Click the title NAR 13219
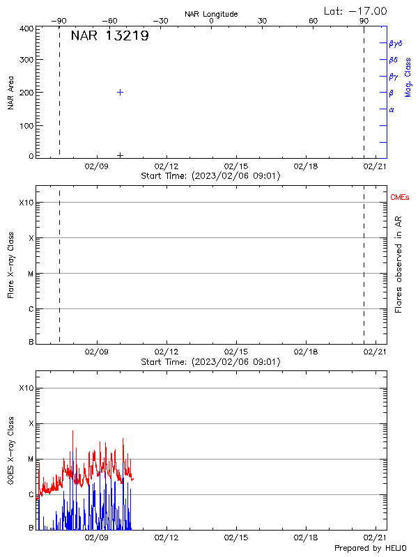[109, 36]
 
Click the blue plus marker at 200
[120, 92]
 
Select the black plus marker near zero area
[120, 155]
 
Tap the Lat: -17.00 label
[356, 11]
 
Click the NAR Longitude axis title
[211, 13]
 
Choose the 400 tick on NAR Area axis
[27, 29]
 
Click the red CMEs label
[400, 198]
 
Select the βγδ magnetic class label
[395, 43]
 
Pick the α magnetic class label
[392, 109]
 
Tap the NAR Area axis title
[11, 93]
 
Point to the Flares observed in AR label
[398, 264]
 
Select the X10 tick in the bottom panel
[26, 388]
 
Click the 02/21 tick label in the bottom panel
[376, 538]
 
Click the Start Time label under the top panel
[210, 176]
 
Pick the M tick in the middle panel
[30, 274]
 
